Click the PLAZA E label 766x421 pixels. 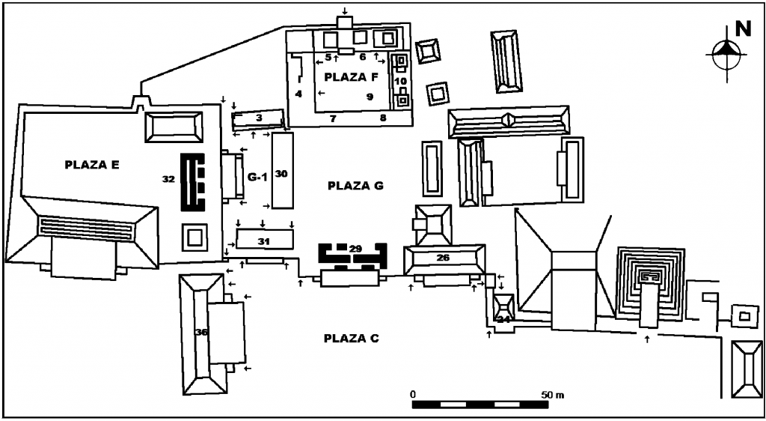(x=92, y=166)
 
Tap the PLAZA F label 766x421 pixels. (x=345, y=76)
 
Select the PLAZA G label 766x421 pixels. (x=355, y=186)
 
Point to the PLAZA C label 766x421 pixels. (x=352, y=339)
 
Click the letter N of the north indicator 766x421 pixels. (x=743, y=29)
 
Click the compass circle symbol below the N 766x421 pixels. (x=726, y=54)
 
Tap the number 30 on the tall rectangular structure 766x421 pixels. (x=282, y=174)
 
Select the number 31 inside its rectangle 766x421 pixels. (x=264, y=240)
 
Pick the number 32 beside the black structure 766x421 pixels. (x=168, y=180)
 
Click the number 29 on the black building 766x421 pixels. (x=355, y=249)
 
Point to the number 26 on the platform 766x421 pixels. (x=443, y=257)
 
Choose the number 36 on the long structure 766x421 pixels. (x=201, y=333)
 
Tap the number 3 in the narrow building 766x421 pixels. (x=259, y=118)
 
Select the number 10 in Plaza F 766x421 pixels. (x=401, y=80)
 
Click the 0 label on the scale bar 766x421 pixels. (x=413, y=394)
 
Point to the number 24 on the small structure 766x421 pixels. (x=503, y=319)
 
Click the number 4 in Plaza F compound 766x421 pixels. (x=298, y=94)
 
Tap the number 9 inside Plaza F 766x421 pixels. (x=370, y=97)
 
